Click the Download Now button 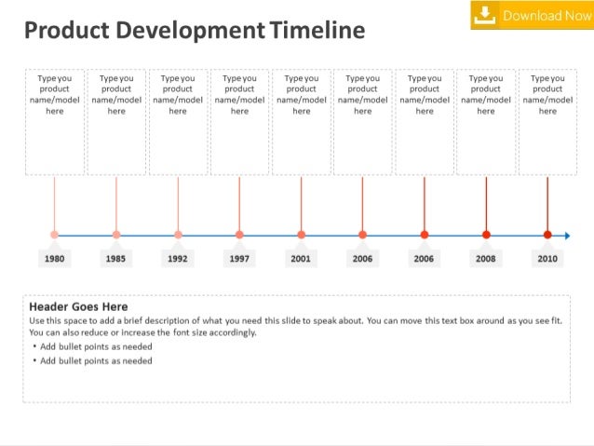tap(532, 15)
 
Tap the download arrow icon tap(485, 15)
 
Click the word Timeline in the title tap(317, 32)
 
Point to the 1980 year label tap(54, 258)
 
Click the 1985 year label tap(116, 258)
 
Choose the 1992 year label tap(178, 258)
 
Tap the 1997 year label tap(239, 258)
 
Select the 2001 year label tap(301, 258)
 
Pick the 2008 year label tap(486, 258)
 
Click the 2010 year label tap(547, 258)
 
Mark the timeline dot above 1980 tap(54, 235)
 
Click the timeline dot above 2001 tap(301, 235)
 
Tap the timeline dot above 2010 tap(547, 235)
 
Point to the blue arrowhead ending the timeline tap(567, 235)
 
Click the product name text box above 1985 tap(116, 121)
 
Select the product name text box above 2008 tap(486, 121)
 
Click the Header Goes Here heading tap(79, 306)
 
